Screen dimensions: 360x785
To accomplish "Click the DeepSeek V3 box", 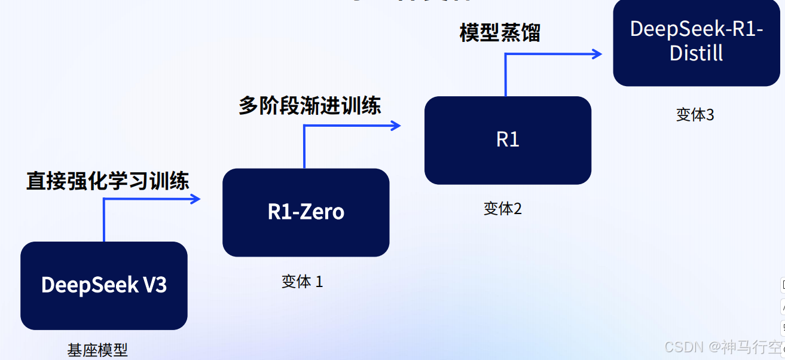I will click(x=104, y=285).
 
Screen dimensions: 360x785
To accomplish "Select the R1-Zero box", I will click(x=306, y=212).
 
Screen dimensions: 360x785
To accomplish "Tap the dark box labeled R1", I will click(x=508, y=140).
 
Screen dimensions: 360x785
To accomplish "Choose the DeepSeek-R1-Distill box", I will click(x=696, y=42).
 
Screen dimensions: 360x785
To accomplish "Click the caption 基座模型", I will click(x=97, y=350).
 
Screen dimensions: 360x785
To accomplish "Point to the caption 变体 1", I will click(x=302, y=282).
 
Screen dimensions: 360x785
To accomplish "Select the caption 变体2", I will click(x=502, y=209).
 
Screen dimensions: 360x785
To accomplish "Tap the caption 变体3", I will click(x=695, y=115).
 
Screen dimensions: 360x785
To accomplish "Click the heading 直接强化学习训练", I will click(x=108, y=181).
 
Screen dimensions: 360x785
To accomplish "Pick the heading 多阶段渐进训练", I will click(x=310, y=106).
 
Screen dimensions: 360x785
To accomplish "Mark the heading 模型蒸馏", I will click(x=500, y=33).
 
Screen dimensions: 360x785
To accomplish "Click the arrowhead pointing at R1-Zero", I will click(x=195, y=199).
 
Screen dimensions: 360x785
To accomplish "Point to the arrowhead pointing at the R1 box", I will click(x=395, y=126).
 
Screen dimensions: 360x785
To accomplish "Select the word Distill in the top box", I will click(x=696, y=53).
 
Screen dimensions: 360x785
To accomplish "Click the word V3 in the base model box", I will click(x=154, y=285).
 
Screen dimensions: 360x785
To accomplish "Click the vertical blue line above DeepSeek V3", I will click(x=104, y=221).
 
